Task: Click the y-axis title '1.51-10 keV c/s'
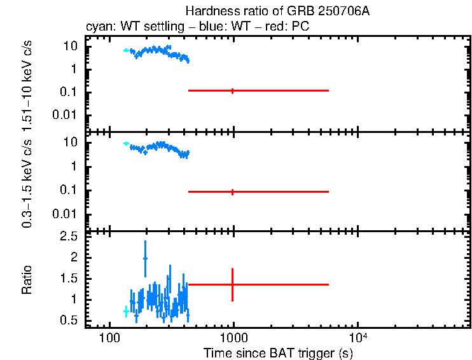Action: click(x=29, y=85)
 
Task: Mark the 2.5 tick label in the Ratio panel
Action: click(x=71, y=237)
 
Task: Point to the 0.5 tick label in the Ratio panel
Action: click(x=71, y=321)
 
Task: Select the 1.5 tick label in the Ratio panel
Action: click(x=71, y=279)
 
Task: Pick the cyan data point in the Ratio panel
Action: click(x=125, y=311)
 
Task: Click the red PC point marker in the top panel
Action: click(x=232, y=91)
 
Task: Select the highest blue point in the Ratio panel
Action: click(x=145, y=258)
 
